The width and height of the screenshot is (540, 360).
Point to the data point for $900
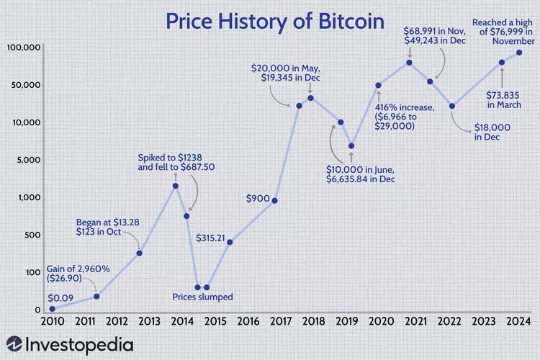coord(274,200)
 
